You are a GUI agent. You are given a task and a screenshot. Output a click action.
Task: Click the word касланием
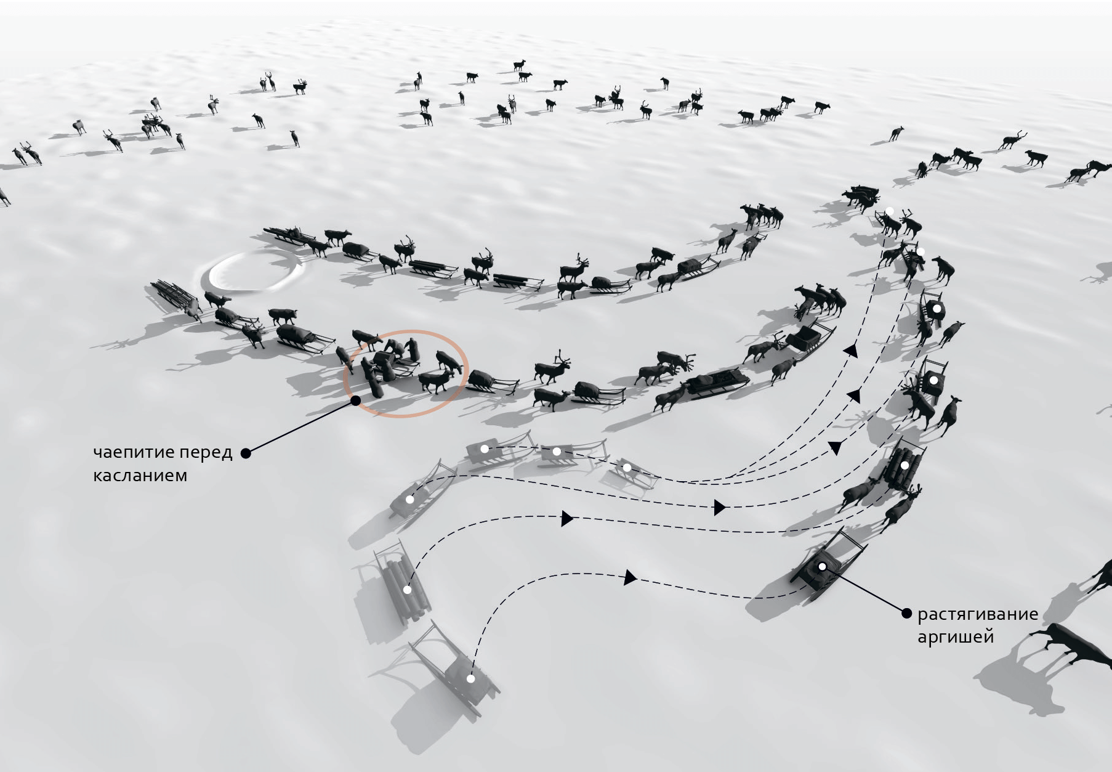[x=140, y=476]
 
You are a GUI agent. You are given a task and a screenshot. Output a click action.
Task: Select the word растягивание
[x=977, y=614]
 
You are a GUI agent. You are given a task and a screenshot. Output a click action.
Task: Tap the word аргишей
[x=955, y=636]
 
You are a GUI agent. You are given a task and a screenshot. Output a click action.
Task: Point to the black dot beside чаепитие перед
[x=246, y=453]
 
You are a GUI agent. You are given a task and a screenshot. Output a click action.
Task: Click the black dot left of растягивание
[x=906, y=613]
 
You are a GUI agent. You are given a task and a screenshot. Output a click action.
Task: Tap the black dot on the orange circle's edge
[x=355, y=400]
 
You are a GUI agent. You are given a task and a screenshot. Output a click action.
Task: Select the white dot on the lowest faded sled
[x=470, y=679]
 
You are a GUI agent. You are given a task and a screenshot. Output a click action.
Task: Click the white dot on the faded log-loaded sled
[x=407, y=590]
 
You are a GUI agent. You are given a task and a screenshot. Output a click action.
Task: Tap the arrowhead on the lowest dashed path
[x=630, y=577]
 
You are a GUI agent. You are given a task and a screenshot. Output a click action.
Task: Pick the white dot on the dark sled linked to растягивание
[x=822, y=567]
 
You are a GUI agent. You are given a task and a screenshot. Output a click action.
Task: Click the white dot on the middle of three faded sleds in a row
[x=557, y=452]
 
